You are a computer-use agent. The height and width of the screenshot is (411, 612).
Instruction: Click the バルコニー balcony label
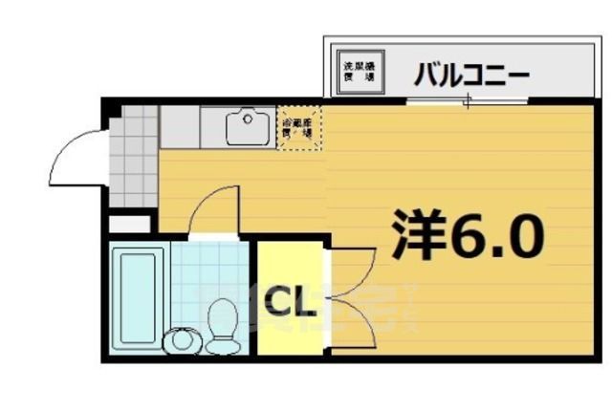tap(470, 73)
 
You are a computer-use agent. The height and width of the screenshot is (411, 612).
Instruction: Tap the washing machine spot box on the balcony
tap(361, 71)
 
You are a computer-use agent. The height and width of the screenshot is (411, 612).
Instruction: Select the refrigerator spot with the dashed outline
tap(300, 127)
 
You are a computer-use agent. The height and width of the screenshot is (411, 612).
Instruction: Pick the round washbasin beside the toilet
tap(181, 338)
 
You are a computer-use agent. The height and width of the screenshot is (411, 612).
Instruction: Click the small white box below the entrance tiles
tap(130, 224)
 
